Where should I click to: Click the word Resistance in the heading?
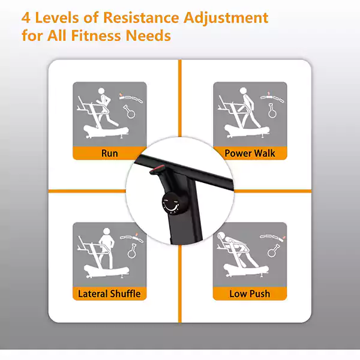point(141,17)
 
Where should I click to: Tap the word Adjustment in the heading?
point(226,18)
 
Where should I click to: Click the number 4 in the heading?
point(26,18)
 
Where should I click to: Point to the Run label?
point(110,154)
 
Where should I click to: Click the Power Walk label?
point(250,154)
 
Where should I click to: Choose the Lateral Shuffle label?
point(109,294)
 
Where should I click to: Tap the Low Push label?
point(250,294)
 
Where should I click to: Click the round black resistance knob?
point(170,203)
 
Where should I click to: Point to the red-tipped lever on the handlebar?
point(157,169)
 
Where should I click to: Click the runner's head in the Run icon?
point(101,91)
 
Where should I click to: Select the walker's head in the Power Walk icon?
point(243,91)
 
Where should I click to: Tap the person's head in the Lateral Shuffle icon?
point(107,232)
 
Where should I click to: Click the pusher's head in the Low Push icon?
point(221,236)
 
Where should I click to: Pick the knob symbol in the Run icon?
point(130,112)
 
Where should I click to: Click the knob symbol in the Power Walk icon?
point(272,111)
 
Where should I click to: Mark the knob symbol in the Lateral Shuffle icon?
point(132,251)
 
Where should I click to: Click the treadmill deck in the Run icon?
point(106,131)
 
